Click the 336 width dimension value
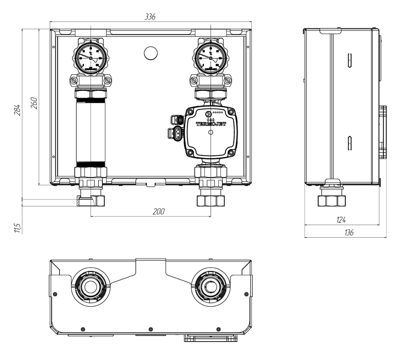pyautogui.click(x=150, y=17)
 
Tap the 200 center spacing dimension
pyautogui.click(x=158, y=212)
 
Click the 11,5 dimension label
pyautogui.click(x=17, y=227)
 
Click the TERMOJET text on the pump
pyautogui.click(x=211, y=124)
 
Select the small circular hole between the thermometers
pyautogui.click(x=150, y=53)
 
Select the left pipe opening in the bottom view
pyautogui.click(x=90, y=286)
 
